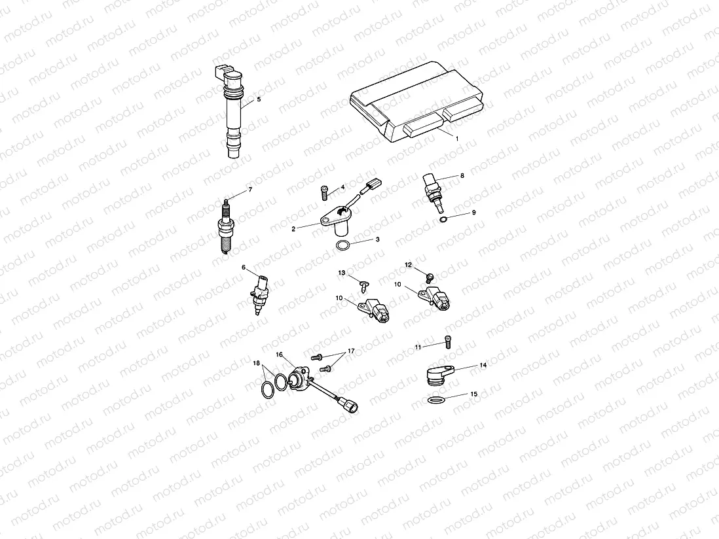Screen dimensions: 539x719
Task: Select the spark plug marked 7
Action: click(x=227, y=226)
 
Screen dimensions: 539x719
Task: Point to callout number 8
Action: click(x=462, y=175)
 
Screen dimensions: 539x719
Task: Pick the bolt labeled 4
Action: click(x=325, y=191)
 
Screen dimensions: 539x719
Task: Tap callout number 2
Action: click(x=293, y=228)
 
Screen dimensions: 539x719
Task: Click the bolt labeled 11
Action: click(x=447, y=340)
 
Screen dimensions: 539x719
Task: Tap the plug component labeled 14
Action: click(x=435, y=375)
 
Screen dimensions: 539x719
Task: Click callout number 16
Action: click(x=279, y=354)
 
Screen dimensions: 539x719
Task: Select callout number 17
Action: click(x=351, y=351)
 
